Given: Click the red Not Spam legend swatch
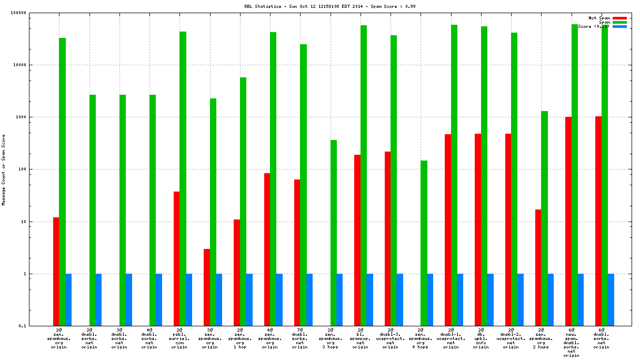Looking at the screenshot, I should point(619,18).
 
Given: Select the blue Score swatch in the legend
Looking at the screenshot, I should point(619,26).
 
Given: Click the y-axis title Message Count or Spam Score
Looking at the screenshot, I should point(3,169).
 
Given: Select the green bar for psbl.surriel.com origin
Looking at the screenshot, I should point(183,179).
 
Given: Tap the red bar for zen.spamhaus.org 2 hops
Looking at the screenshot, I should point(538,268).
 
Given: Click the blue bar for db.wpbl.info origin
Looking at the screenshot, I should point(491,300).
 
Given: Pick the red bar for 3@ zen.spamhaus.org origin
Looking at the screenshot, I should point(207,287).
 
